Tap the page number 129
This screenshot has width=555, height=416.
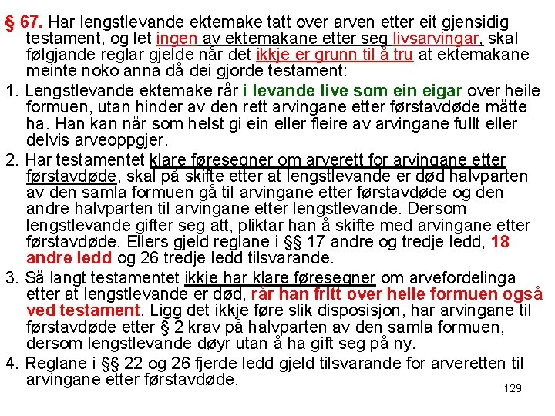click(x=513, y=388)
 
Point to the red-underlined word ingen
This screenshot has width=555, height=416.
click(x=177, y=38)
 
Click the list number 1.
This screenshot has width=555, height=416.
click(x=10, y=90)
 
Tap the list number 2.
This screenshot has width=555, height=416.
click(x=10, y=159)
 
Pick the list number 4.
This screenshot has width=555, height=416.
click(x=10, y=363)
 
